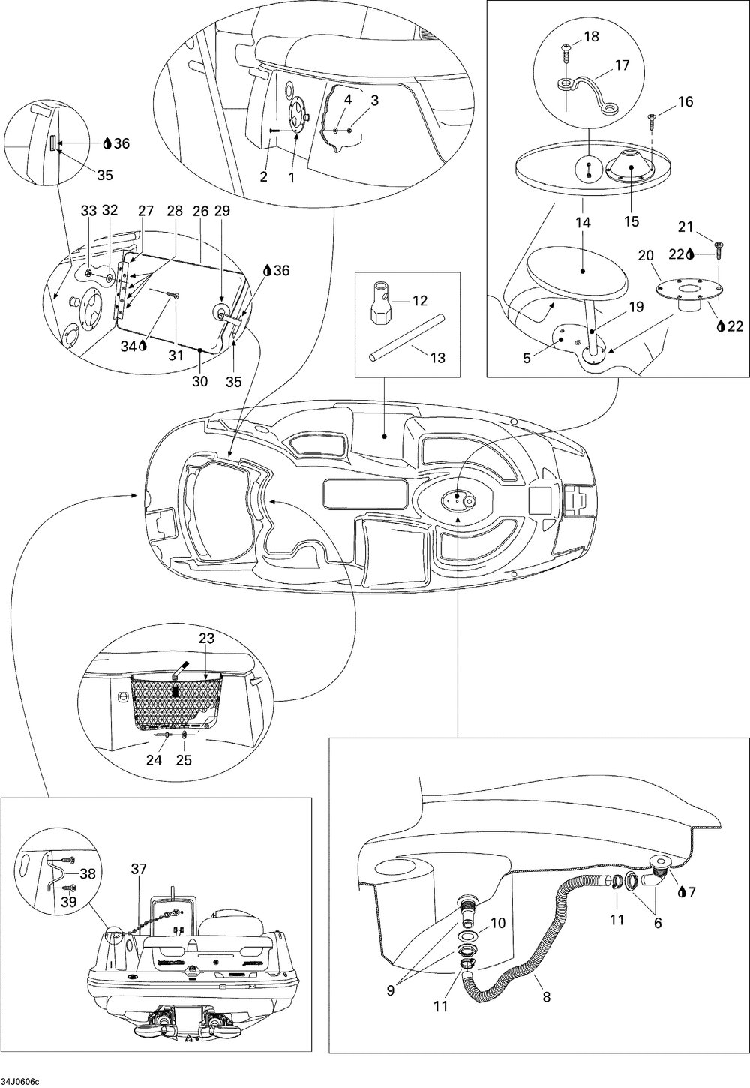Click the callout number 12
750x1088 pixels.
pos(420,301)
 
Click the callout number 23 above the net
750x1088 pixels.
pos(206,639)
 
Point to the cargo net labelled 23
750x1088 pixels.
pos(172,702)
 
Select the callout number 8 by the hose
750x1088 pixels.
pos(546,997)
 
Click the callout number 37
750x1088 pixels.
pos(138,869)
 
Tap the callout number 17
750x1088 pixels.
pos(622,65)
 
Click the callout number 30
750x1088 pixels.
pos(199,381)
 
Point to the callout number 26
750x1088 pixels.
pos(200,212)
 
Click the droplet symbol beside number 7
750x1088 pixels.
pos(681,892)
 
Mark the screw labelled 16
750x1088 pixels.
pos(651,117)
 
